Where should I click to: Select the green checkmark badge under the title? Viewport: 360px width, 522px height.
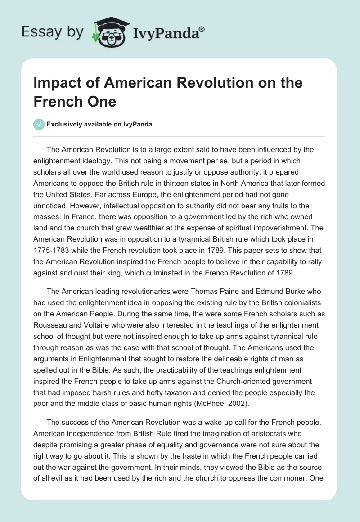39,124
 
